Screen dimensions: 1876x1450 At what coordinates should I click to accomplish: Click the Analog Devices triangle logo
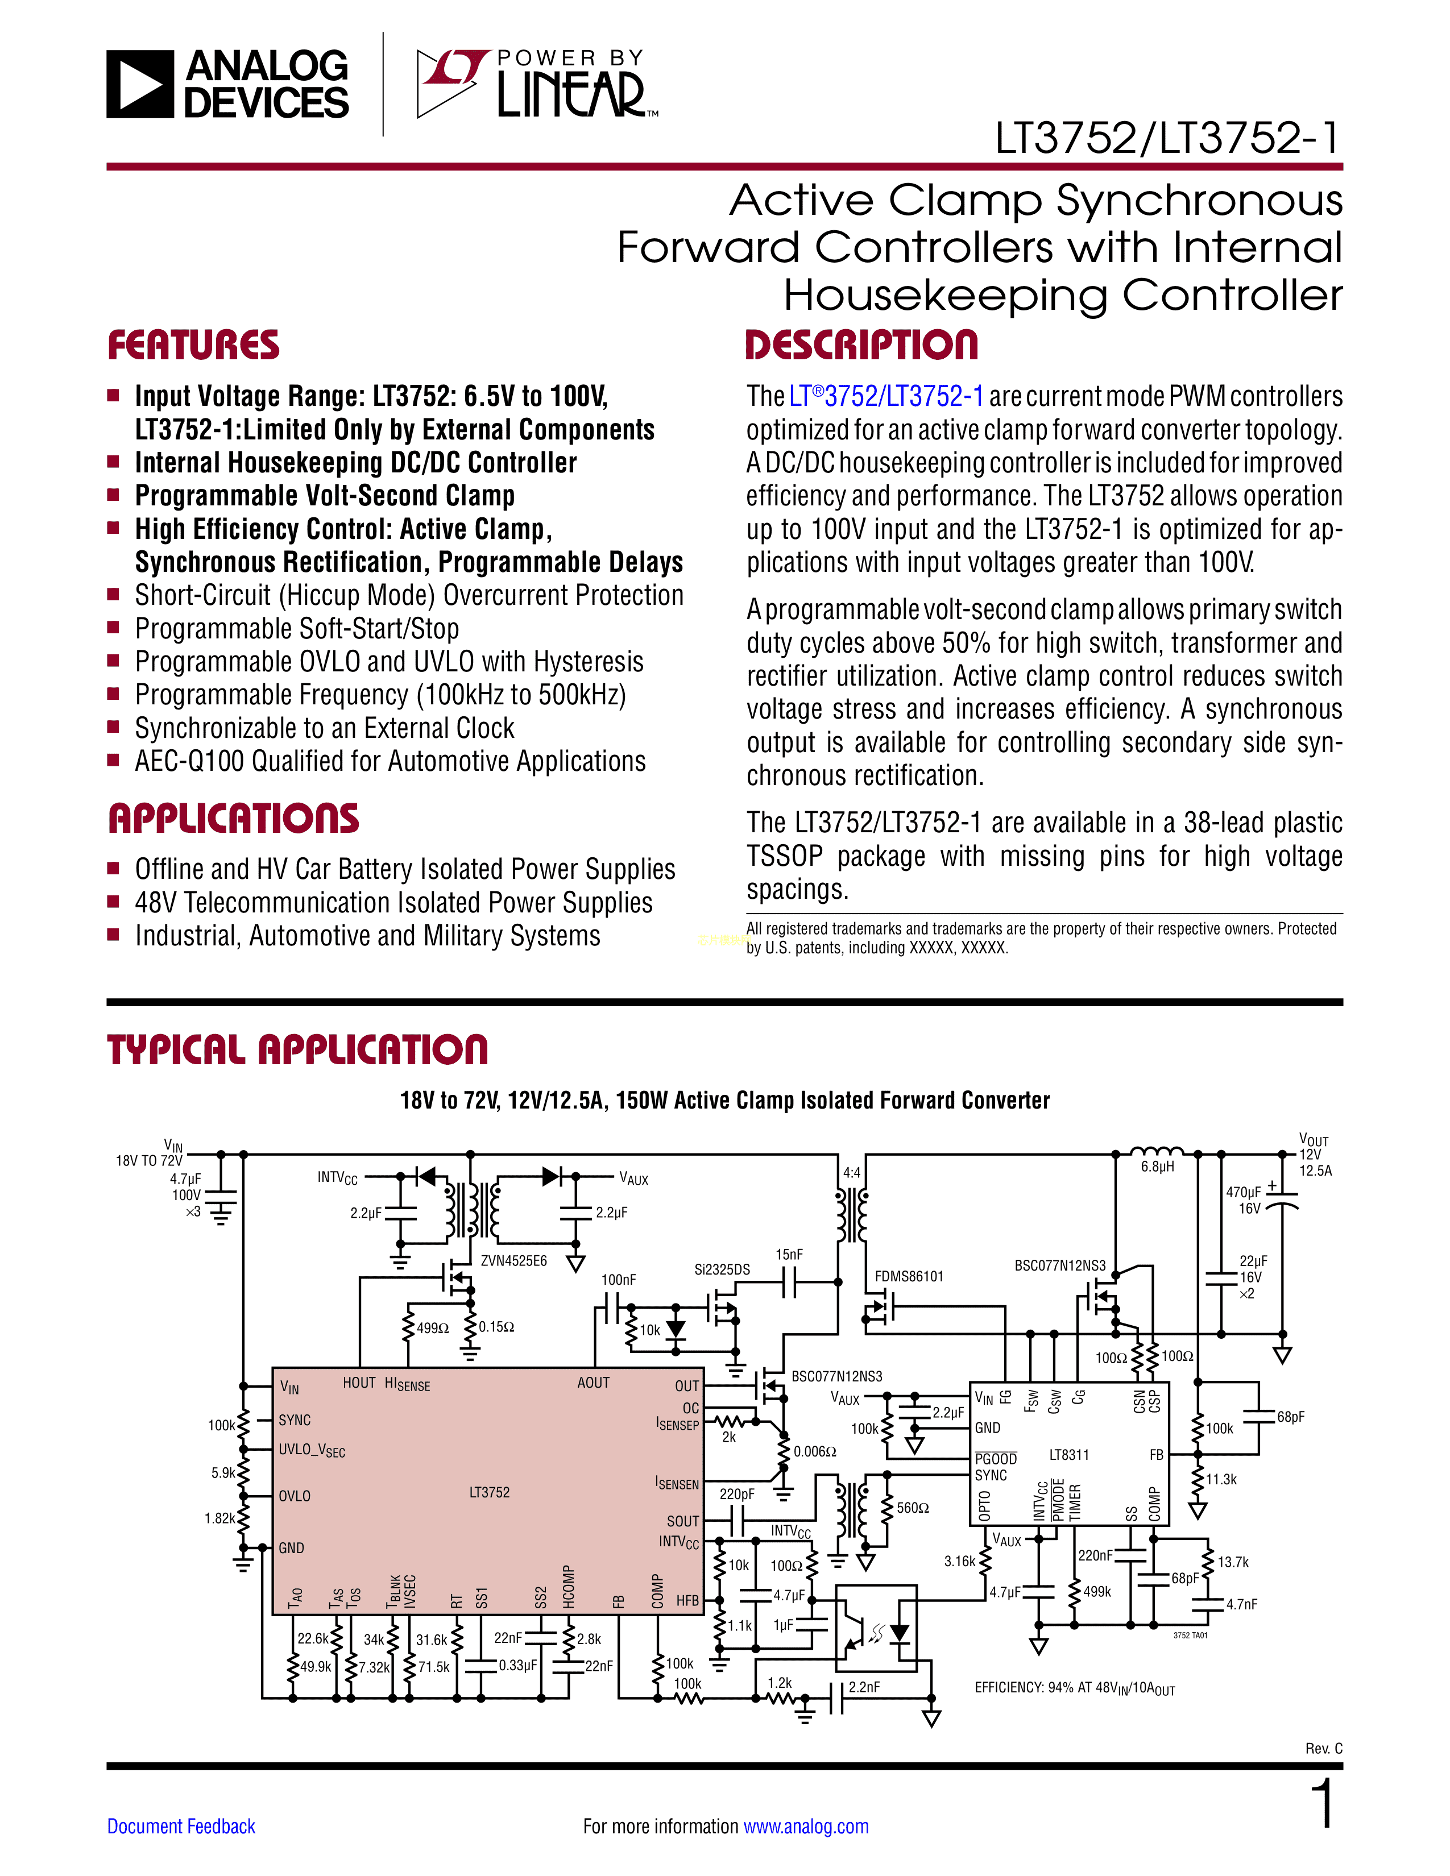(140, 84)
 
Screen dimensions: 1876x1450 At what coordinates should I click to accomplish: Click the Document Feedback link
(181, 1826)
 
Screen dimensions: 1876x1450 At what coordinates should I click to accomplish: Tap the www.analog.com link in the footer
(806, 1826)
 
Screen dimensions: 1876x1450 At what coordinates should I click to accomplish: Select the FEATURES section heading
(193, 345)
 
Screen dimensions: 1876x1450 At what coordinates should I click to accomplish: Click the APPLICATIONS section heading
(234, 819)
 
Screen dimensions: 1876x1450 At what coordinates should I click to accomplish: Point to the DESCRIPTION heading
(861, 345)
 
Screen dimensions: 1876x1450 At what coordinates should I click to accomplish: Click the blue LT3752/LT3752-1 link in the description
(886, 397)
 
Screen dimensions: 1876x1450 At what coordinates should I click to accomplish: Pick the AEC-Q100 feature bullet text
(390, 762)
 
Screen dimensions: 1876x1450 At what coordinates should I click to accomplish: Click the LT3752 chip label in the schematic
(489, 1493)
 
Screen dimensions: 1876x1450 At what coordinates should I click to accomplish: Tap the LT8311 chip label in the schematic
(1068, 1454)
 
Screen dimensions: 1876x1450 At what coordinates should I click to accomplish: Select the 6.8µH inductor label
(1157, 1167)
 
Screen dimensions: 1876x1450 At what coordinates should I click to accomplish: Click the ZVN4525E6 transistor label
(513, 1261)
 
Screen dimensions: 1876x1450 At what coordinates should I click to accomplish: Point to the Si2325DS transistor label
(722, 1269)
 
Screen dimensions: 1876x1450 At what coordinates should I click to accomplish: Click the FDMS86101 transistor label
(909, 1276)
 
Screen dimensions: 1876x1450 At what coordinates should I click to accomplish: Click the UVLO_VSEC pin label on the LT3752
(312, 1450)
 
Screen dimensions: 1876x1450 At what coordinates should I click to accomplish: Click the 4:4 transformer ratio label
(851, 1172)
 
